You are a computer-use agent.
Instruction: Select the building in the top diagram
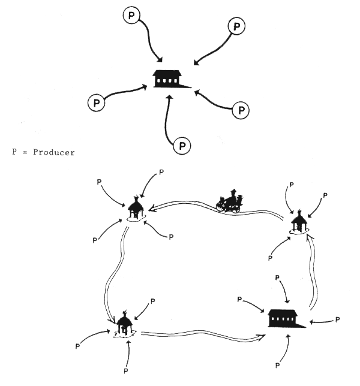167,78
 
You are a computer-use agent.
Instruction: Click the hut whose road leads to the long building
124,325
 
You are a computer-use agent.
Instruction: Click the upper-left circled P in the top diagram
131,14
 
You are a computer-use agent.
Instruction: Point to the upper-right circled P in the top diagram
238,26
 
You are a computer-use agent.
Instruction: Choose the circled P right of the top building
241,110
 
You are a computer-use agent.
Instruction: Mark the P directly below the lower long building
278,364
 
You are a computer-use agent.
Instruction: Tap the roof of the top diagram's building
167,73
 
